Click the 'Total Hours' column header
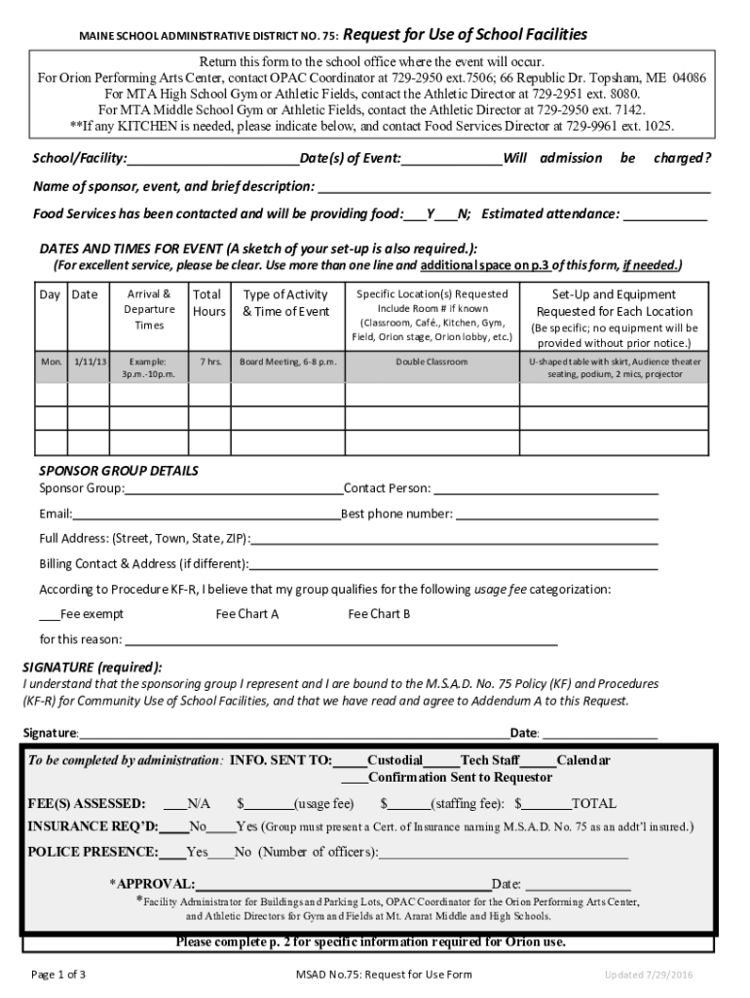pos(208,303)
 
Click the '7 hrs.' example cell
pos(208,362)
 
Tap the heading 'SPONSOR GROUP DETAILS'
pos(119,471)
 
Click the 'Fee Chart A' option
pos(247,614)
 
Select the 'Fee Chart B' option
pos(379,614)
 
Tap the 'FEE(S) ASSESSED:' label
pos(87,804)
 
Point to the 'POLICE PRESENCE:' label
pos(93,852)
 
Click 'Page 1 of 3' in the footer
pos(60,975)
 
